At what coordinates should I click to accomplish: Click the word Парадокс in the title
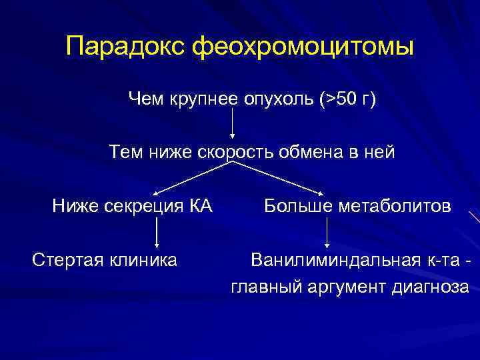125,47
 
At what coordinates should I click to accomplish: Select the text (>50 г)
347,99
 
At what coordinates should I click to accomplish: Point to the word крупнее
201,99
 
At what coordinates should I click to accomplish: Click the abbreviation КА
201,206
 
